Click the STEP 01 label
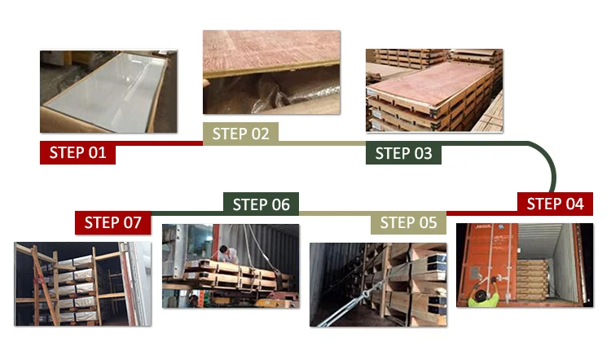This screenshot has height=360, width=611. [x=77, y=152]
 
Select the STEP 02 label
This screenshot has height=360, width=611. [x=240, y=134]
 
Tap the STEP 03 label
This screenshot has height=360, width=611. [x=403, y=153]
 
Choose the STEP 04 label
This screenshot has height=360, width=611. [x=555, y=204]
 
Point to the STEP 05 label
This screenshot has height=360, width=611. [x=408, y=222]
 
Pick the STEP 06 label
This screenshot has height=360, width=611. [x=261, y=204]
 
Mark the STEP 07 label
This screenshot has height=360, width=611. [x=112, y=222]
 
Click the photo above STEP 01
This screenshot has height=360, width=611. [x=108, y=91]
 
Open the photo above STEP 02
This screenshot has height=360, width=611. [x=271, y=72]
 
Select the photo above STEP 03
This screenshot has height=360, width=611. [x=434, y=90]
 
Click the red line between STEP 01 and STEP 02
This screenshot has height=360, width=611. [x=160, y=143]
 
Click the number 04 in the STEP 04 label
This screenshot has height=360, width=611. [x=575, y=204]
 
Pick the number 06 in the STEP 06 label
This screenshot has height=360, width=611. [x=281, y=204]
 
